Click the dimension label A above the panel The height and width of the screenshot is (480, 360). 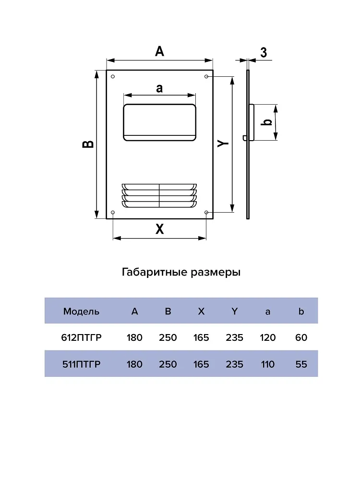159,51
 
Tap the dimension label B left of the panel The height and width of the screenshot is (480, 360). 88,144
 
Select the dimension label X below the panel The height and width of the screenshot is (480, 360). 159,228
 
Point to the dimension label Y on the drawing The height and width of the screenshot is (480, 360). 223,143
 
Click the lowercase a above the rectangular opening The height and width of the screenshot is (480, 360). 159,88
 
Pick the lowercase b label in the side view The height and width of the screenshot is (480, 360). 267,122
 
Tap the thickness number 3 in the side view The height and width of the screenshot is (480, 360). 264,53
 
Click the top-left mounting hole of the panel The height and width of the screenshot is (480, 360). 113,76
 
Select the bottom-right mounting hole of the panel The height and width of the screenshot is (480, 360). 206,213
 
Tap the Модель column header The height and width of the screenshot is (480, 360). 81,312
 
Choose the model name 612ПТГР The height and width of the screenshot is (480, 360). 82,337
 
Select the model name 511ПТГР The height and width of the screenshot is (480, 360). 82,364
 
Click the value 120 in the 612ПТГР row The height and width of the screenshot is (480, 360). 267,337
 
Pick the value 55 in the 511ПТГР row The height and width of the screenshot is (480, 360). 301,364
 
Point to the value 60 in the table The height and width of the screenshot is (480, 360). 301,337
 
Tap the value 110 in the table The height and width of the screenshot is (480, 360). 267,364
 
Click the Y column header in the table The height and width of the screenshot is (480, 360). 235,312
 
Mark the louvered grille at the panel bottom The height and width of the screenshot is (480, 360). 159,196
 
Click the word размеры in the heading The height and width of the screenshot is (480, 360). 216,273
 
